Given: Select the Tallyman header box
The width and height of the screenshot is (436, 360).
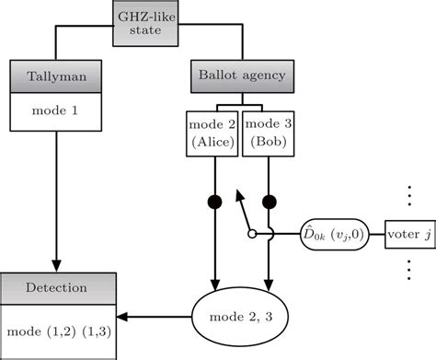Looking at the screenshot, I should pos(58,75).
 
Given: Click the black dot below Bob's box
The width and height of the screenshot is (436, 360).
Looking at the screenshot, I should pos(270,200).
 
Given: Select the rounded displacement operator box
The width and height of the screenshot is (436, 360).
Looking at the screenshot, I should pos(338,234).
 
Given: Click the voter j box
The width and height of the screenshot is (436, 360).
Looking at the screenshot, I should pos(408,234).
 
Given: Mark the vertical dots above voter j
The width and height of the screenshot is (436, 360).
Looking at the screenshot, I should pos(408,196).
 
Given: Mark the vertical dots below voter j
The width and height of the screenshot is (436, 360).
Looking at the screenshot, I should pos(408,271).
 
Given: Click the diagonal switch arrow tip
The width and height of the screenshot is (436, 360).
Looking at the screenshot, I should pos(236,193).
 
